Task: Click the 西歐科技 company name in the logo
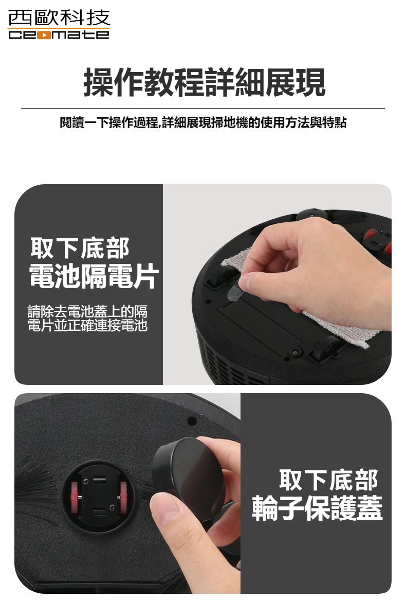click(x=59, y=19)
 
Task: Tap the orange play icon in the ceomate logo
click(x=45, y=35)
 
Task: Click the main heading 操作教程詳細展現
click(x=204, y=82)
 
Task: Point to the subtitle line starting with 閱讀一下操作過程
click(x=203, y=123)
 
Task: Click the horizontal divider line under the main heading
click(x=203, y=109)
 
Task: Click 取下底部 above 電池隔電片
click(x=80, y=249)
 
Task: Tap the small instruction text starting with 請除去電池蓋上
click(x=87, y=318)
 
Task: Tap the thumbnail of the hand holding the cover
click(x=127, y=492)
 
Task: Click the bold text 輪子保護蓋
click(x=317, y=508)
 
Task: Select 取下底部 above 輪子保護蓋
click(x=329, y=480)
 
